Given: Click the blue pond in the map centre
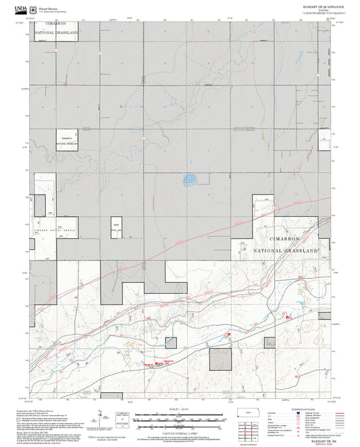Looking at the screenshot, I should [x=190, y=180].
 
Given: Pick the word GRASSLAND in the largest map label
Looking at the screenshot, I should [x=294, y=250].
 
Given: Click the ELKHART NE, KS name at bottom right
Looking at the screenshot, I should [x=310, y=438].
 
